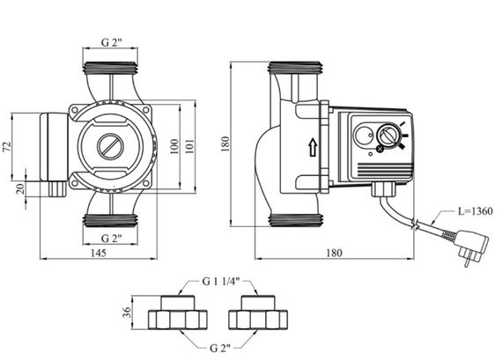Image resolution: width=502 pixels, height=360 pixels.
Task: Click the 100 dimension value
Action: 174,146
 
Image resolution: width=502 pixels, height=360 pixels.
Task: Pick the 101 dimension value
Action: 191,146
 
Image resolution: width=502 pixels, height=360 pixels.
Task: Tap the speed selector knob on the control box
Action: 388,138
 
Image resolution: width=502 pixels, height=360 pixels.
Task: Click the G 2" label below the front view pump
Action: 111,239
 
